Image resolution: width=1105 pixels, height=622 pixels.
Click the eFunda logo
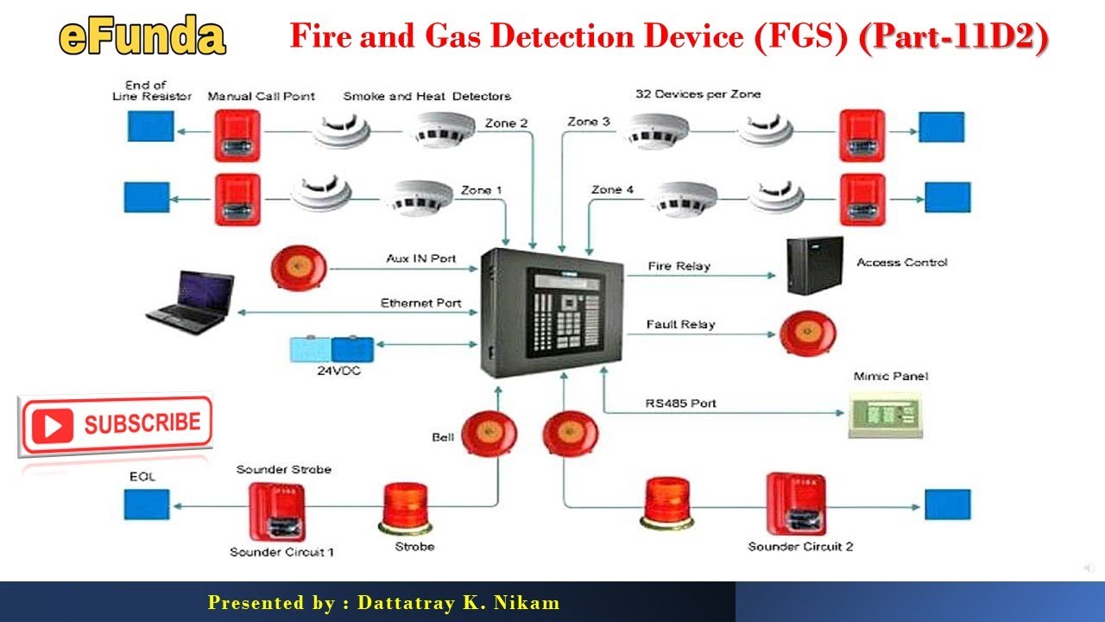point(142,37)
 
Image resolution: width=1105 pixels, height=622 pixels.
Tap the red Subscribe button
point(115,424)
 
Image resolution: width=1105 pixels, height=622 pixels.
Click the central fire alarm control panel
point(551,311)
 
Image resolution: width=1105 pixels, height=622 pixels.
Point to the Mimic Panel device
point(884,414)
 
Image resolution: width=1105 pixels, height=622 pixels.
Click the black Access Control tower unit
point(814,266)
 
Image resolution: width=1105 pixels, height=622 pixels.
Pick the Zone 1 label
point(482,190)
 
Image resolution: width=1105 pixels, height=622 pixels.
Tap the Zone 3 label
point(589,122)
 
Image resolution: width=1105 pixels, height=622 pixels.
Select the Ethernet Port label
point(420,303)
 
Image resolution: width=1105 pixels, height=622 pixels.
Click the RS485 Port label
point(680,403)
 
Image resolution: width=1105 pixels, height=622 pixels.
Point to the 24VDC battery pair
point(332,349)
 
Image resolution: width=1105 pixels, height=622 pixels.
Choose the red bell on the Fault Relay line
point(808,333)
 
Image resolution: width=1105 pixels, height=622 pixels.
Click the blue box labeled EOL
point(146,504)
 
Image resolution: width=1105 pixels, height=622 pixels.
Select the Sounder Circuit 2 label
point(800,547)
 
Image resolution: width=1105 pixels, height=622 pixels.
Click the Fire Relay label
point(679,266)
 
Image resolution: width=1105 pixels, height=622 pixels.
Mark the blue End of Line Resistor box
point(150,127)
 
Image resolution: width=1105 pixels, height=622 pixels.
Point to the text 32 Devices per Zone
point(698,94)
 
